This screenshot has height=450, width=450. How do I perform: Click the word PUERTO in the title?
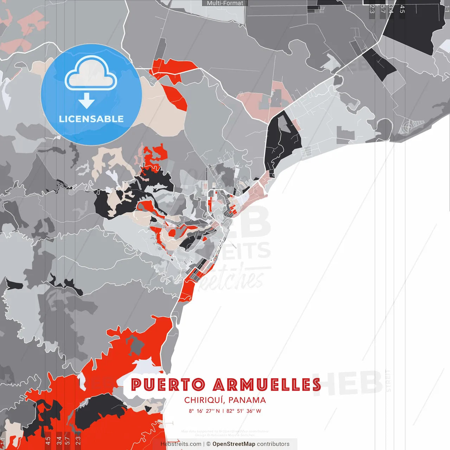click(168, 385)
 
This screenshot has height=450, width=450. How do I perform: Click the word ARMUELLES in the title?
click(267, 385)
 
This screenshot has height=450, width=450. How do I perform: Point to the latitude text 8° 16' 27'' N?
click(204, 411)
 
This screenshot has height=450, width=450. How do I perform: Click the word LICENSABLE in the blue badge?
click(91, 119)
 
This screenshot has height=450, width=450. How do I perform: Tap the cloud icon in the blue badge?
click(91, 75)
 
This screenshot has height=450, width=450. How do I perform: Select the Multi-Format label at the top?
click(225, 3)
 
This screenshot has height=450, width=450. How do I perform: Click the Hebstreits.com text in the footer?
click(181, 444)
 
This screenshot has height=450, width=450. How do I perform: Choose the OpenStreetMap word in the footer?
click(234, 444)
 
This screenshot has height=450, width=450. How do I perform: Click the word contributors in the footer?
click(273, 444)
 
